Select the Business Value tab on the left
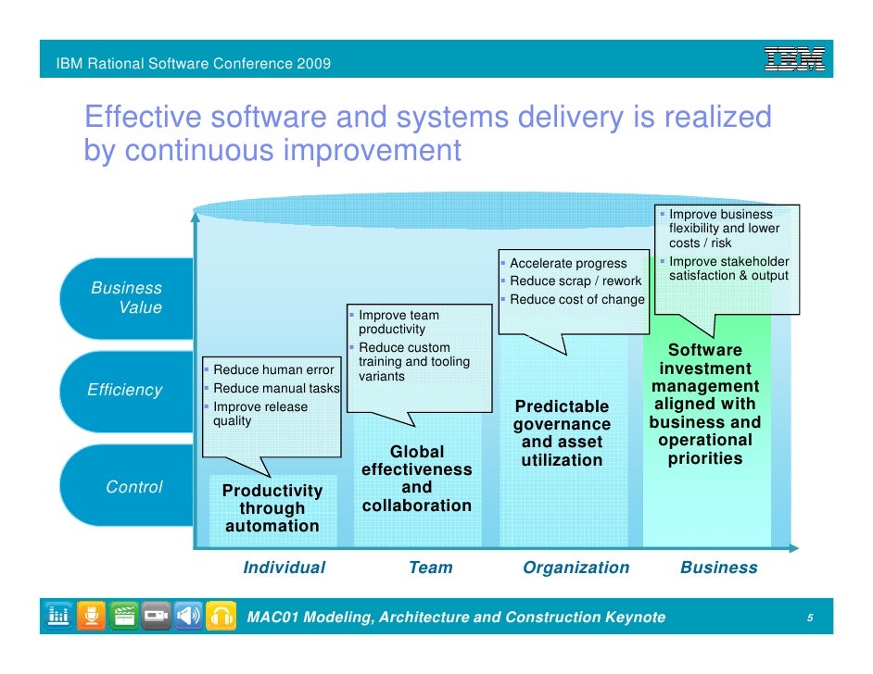(127, 298)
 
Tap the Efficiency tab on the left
(124, 391)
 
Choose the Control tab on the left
(134, 487)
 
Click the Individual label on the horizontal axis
(284, 568)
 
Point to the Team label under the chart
(431, 568)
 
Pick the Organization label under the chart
(576, 568)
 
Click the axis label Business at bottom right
(718, 568)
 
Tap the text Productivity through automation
(272, 508)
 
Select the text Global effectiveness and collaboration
(417, 479)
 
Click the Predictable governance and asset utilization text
(562, 433)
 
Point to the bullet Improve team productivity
(399, 322)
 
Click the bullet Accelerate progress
(568, 264)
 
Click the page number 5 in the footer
(810, 618)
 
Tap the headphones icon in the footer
(220, 616)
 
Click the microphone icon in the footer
(92, 616)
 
